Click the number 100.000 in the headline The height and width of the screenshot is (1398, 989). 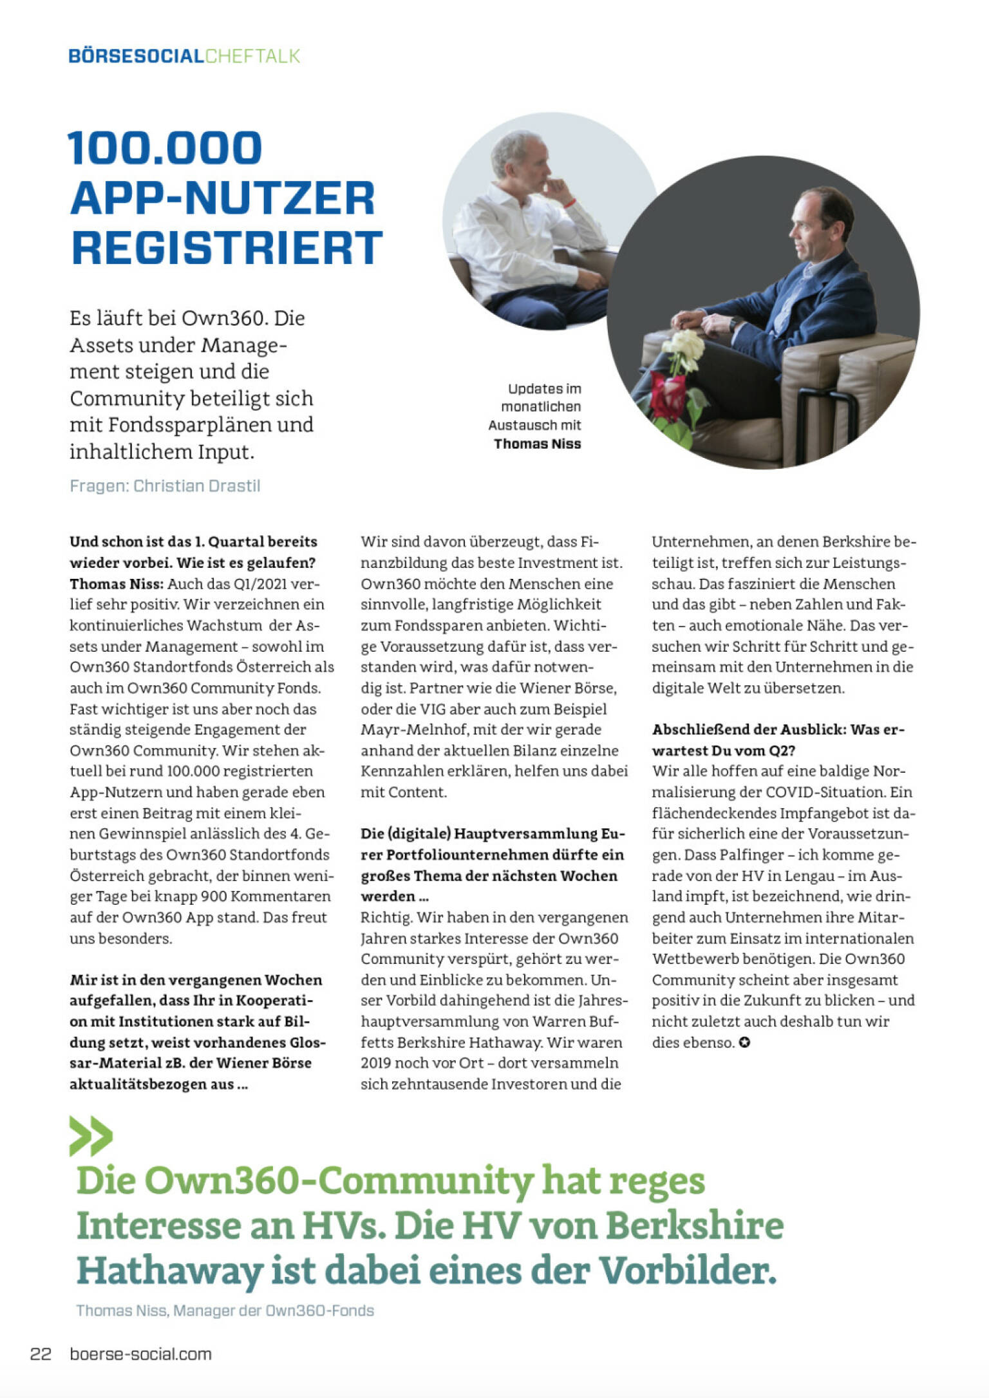click(165, 148)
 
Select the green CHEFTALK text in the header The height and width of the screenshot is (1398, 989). click(253, 56)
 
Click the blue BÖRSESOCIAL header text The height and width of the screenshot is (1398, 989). click(136, 56)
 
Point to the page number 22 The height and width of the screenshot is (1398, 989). click(41, 1354)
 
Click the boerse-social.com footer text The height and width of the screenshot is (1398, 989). click(140, 1354)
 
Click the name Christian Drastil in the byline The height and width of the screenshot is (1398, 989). click(197, 486)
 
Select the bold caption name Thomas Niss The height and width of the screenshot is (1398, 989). click(537, 444)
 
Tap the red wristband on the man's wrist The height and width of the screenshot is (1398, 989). click(570, 203)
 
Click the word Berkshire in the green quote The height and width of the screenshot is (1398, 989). click(695, 1225)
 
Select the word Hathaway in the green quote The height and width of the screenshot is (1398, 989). click(169, 1271)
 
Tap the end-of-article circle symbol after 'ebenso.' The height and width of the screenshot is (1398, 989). click(744, 1043)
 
